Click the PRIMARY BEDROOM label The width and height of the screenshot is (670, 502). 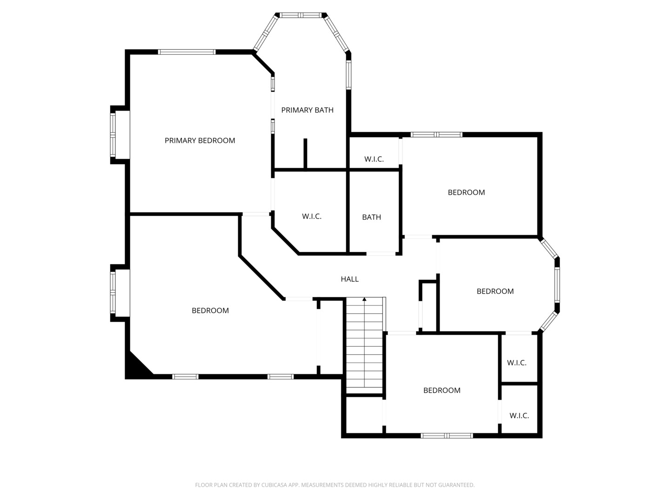coord(200,140)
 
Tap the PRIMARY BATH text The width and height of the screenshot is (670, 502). coord(307,110)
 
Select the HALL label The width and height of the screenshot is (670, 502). coord(349,279)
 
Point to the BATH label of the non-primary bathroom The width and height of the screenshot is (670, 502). coord(371,217)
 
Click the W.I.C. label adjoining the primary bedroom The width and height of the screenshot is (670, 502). coord(311,216)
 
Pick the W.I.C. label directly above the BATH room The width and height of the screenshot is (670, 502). coord(374,159)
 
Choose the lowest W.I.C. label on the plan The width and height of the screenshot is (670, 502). coord(519,416)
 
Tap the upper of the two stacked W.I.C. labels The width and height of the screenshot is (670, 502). coord(516,363)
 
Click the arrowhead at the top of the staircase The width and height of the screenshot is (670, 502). coord(364,299)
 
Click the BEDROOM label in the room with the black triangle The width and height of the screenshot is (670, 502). coord(210,310)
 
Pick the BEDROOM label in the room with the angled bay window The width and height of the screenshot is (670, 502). coord(495,291)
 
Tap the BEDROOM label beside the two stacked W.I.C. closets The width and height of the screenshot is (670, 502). coord(442,390)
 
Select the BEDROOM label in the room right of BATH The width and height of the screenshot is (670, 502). coord(466,192)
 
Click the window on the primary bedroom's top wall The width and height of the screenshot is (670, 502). coord(187,52)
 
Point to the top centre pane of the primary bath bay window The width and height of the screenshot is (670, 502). coord(301,15)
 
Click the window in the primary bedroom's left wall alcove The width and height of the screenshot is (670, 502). coord(113,135)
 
